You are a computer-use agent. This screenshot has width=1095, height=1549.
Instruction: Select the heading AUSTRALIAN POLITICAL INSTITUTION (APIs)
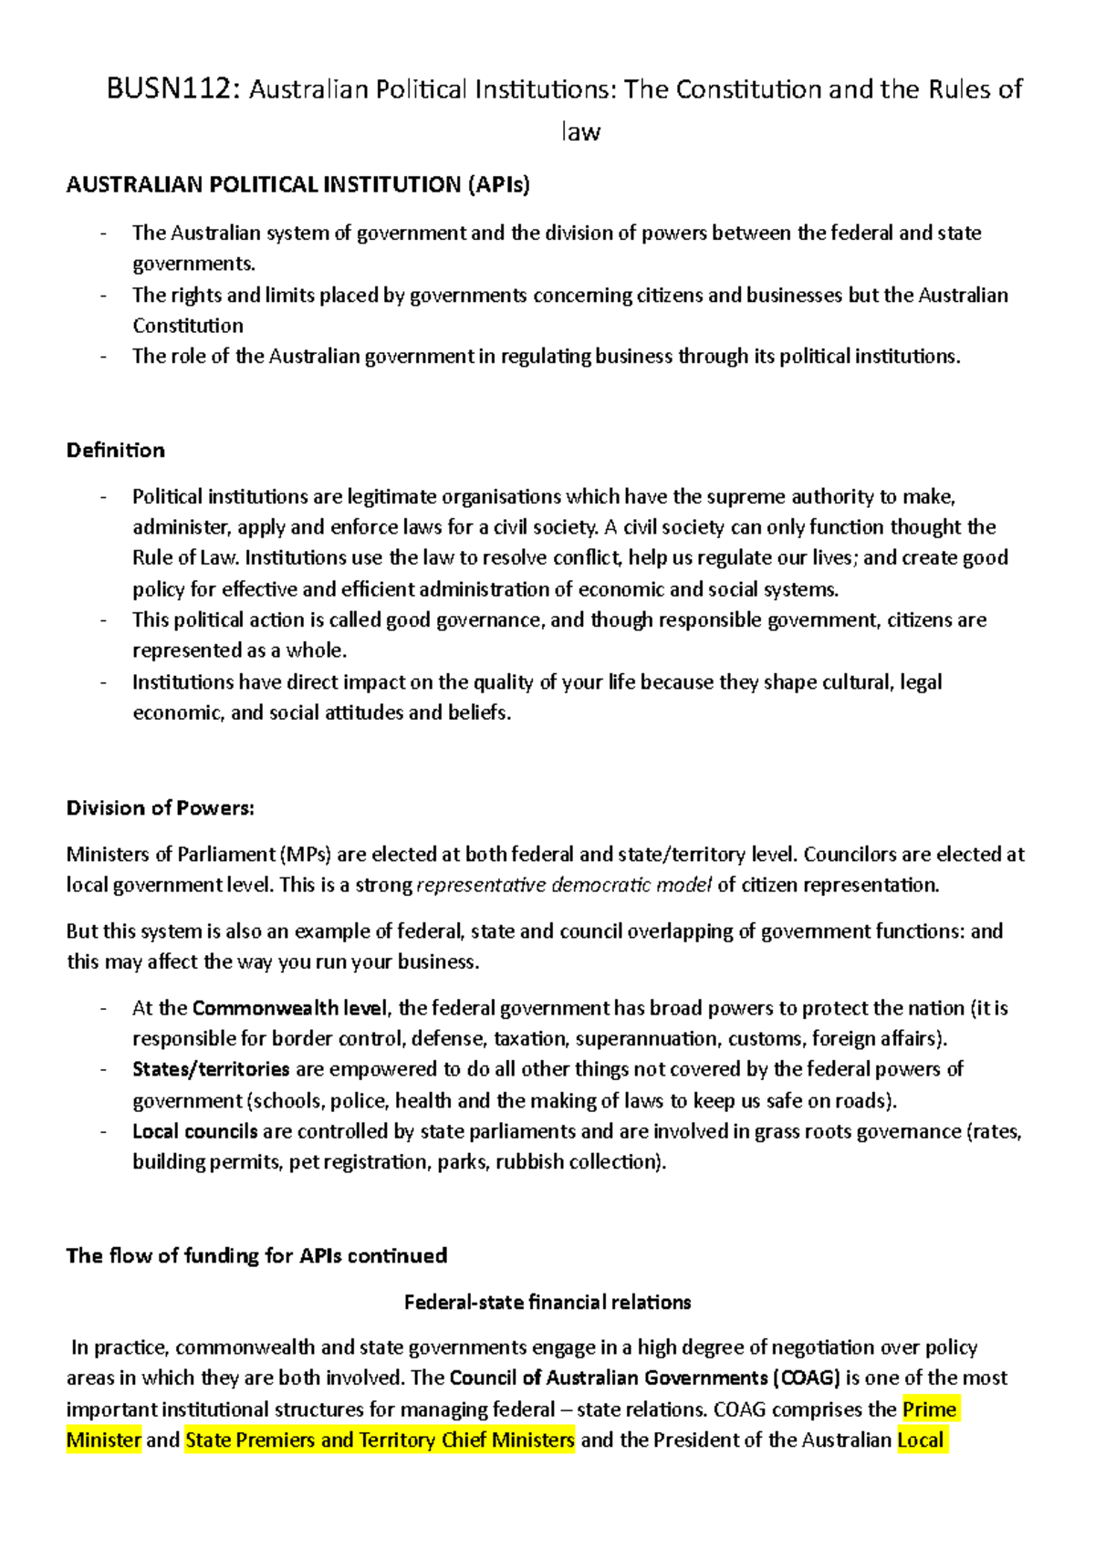coord(297,185)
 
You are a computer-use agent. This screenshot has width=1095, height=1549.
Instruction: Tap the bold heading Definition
coord(116,451)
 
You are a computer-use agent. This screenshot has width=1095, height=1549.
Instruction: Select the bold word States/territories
coord(211,1069)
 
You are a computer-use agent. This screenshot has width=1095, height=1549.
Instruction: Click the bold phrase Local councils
coord(195,1131)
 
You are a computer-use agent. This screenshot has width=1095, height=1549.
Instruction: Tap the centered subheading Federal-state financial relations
coord(547,1302)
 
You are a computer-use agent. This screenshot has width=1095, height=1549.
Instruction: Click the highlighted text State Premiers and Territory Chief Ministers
coord(380,1440)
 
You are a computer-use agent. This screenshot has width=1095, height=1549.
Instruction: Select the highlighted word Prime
coord(930,1409)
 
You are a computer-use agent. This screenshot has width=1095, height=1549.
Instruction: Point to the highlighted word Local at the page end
coord(922,1440)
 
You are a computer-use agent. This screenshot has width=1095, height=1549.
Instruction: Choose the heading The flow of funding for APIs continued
coord(256,1256)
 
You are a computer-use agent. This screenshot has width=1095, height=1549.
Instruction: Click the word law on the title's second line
coord(580,132)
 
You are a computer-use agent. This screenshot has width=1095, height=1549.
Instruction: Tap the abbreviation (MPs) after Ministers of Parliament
coord(307,855)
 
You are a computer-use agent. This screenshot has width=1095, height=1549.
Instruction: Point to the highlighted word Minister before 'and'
coord(104,1440)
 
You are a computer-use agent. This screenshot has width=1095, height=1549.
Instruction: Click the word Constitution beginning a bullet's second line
coord(188,327)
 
